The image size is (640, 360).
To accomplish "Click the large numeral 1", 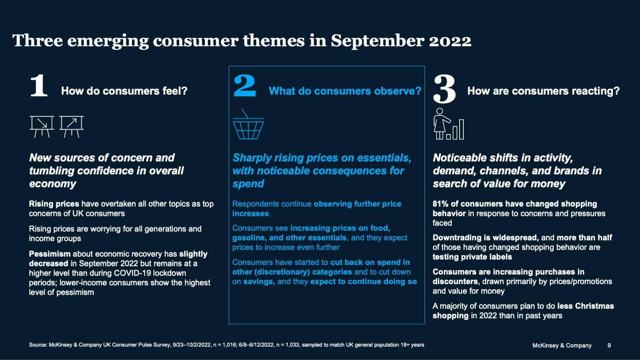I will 39,86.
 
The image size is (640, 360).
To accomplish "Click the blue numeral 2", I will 245,86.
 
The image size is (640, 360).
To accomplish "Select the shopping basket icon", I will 248,125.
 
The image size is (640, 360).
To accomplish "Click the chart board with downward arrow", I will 42,126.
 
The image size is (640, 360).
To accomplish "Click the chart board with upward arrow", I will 72,126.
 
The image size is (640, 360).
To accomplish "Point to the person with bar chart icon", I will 448,124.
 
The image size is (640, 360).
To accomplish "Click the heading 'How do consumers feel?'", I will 124,91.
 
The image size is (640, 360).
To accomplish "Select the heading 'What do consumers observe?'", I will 345,91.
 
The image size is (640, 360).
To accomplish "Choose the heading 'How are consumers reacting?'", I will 543,91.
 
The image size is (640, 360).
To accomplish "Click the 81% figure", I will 440,204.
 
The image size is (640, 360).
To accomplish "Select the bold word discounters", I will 455,281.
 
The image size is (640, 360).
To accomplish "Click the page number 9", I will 609,345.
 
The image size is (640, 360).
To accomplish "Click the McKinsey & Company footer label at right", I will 562,345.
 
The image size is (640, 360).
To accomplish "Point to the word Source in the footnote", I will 37,345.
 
